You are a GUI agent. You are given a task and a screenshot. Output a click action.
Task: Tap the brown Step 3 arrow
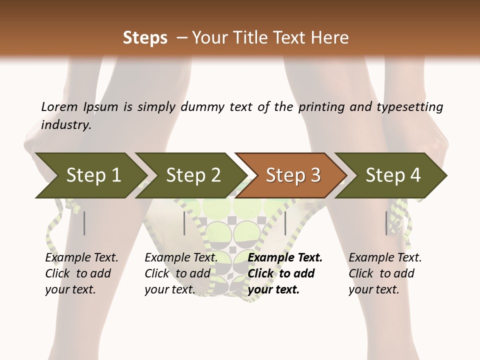tap(293, 175)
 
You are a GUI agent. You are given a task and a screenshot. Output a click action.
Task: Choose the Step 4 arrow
tap(393, 175)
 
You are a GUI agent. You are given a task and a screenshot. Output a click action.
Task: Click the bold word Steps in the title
tap(145, 38)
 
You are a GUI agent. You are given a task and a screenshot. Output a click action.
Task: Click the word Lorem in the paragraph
tap(59, 107)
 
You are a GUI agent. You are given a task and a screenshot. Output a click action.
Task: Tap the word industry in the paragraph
tap(66, 124)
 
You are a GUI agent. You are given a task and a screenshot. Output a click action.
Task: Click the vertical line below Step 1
tap(84, 223)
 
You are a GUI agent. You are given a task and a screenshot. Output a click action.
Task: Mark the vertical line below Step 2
tap(184, 223)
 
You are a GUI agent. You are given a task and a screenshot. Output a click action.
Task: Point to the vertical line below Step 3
tap(285, 223)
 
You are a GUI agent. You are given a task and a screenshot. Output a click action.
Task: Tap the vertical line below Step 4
tap(386, 223)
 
